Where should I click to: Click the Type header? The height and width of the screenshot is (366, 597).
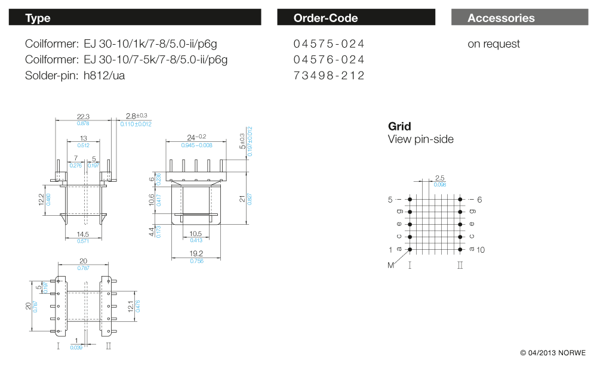click(38, 18)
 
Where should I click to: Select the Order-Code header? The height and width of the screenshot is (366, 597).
click(325, 18)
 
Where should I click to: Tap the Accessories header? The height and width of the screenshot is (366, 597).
click(501, 18)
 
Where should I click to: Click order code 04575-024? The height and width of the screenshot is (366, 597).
click(328, 44)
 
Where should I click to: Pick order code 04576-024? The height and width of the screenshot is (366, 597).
click(328, 60)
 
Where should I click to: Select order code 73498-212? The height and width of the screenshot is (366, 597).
click(328, 76)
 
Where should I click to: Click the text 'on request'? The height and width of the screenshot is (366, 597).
click(493, 44)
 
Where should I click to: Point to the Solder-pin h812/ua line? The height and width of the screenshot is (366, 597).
click(75, 76)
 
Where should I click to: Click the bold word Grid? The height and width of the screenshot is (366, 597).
click(399, 126)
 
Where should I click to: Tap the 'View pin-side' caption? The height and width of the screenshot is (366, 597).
click(420, 139)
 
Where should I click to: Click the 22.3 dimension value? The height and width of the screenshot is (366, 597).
click(83, 117)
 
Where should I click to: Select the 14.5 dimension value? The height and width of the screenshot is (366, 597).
click(83, 234)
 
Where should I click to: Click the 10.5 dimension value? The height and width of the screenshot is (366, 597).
click(196, 233)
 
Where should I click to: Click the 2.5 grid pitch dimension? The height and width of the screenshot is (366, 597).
click(439, 178)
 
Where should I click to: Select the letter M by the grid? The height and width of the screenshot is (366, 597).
click(391, 265)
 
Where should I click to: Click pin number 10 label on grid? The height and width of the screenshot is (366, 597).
click(481, 250)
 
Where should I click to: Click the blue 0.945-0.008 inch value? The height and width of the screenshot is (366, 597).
click(196, 145)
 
